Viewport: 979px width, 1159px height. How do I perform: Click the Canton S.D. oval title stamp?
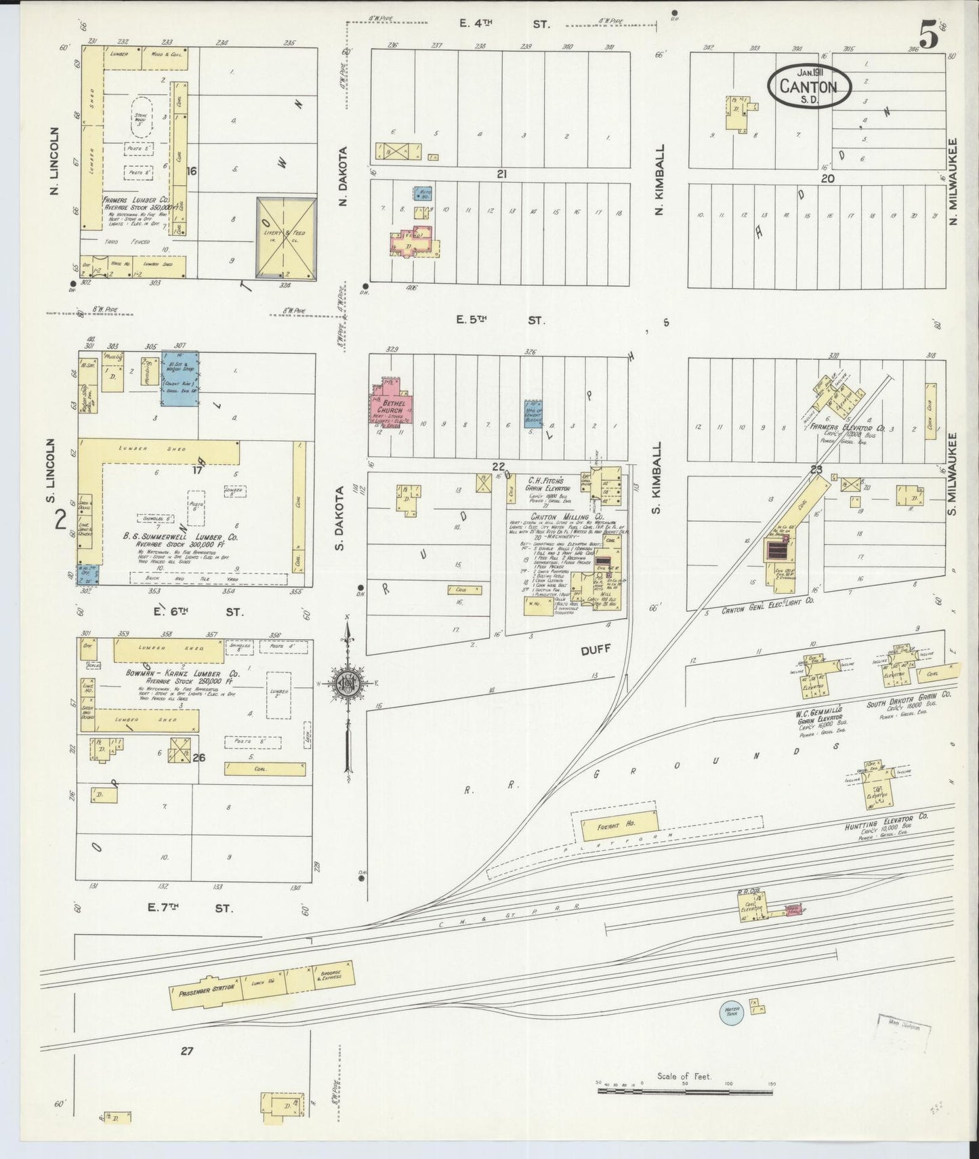pyautogui.click(x=809, y=86)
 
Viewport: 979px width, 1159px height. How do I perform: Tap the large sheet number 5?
pyautogui.click(x=928, y=35)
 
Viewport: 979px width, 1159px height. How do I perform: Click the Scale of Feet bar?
pyautogui.click(x=684, y=1092)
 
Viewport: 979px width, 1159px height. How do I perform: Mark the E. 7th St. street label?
pyautogui.click(x=190, y=908)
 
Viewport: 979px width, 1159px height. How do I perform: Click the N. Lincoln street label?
pyautogui.click(x=57, y=161)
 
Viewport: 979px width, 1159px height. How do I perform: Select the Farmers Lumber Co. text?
pyautogui.click(x=136, y=201)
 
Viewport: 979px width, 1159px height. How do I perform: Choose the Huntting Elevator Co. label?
pyautogui.click(x=886, y=819)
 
